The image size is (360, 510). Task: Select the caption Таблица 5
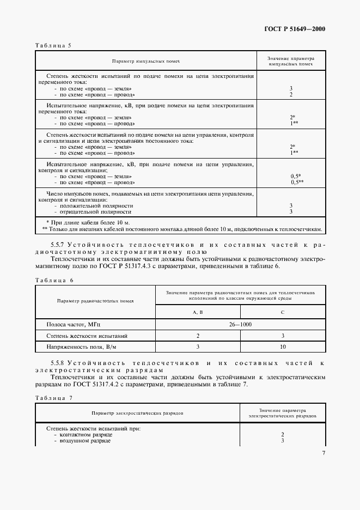(x=53, y=45)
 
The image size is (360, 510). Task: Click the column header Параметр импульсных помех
(x=146, y=61)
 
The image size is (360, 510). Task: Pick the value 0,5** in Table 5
(x=297, y=182)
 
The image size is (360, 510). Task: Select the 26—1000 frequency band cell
(x=240, y=325)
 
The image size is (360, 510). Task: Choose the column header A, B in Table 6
(x=198, y=312)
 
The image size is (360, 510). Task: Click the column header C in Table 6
(x=283, y=312)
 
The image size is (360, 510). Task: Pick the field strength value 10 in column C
(x=283, y=347)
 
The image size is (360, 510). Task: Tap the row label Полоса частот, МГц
(x=71, y=325)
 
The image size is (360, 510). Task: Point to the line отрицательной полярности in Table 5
(x=96, y=211)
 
